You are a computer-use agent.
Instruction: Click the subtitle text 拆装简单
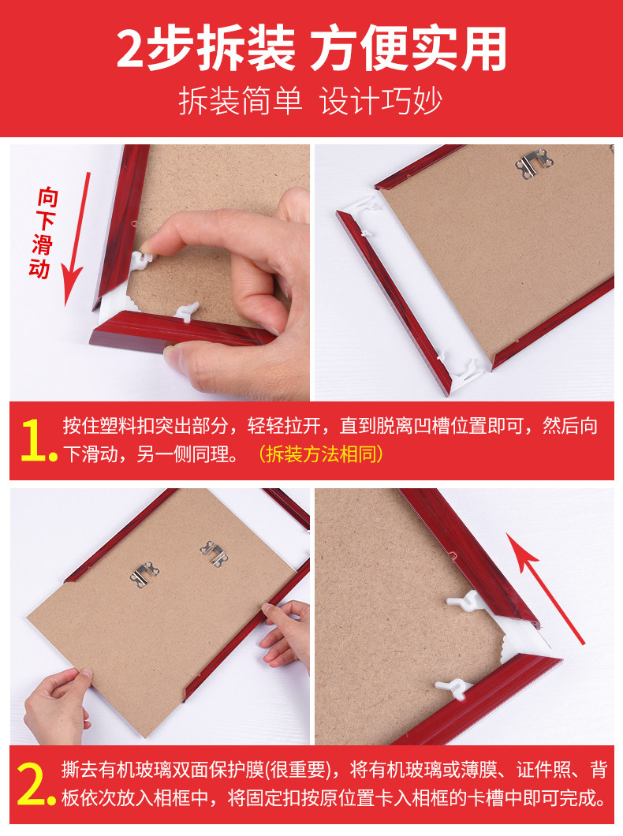tap(241, 101)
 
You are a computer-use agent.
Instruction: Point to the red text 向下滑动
tap(43, 233)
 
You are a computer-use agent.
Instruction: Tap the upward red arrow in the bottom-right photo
tap(545, 584)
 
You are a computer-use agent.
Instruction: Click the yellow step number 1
tap(35, 441)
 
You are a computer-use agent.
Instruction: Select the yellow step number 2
tap(35, 783)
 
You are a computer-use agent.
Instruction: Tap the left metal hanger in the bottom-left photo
tap(144, 574)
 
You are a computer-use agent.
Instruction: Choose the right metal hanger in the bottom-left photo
tap(213, 552)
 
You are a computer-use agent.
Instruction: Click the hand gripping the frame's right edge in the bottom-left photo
tap(284, 631)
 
